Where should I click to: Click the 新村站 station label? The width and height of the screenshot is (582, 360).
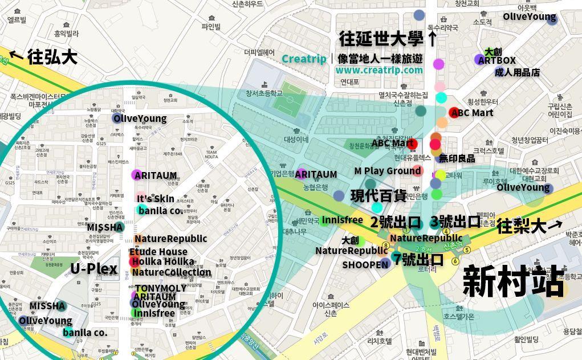pos(513,281)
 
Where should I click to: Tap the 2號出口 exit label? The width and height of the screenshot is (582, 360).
pos(396,222)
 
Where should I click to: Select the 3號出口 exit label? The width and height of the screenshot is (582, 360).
pos(455,222)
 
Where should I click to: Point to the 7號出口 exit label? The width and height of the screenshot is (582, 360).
pos(418,260)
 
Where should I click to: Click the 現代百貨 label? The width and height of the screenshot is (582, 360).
pos(378,196)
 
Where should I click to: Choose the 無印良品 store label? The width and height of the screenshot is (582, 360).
pos(457,158)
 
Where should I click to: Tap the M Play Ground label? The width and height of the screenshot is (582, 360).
pos(387,171)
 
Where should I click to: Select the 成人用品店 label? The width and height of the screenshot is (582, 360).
pos(517,72)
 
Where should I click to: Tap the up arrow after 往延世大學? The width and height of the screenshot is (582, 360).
pos(433,39)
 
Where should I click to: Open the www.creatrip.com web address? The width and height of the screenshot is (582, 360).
pos(379,70)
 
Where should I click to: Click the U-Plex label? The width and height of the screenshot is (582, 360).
pos(93,269)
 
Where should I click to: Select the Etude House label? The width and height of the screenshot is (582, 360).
pos(158,252)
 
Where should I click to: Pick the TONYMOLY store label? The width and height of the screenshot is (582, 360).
pos(161,288)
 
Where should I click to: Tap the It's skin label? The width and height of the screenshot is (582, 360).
pos(155,199)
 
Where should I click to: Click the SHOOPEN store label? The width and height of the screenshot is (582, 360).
pos(365,265)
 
